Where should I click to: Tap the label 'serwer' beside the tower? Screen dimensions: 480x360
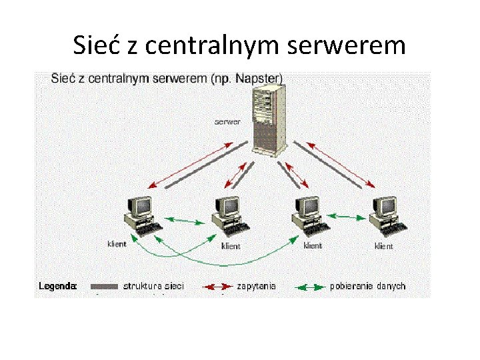(x=227, y=122)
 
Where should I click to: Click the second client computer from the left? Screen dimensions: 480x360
(x=227, y=215)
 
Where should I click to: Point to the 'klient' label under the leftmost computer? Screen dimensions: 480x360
(x=117, y=244)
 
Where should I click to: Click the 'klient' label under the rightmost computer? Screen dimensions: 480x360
(x=384, y=246)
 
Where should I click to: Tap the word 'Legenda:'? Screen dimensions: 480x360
(x=58, y=286)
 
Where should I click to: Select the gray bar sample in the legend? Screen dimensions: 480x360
(x=103, y=286)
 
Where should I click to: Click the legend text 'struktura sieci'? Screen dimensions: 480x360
(x=153, y=286)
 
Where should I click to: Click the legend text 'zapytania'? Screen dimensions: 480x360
(x=256, y=286)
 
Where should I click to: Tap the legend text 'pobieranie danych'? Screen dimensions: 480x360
(x=367, y=286)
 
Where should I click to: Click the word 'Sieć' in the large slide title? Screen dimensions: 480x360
(x=97, y=45)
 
